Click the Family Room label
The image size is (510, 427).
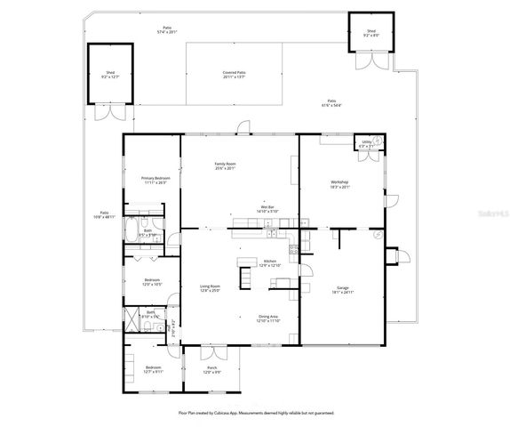tap(224, 165)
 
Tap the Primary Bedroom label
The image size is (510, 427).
tap(155, 181)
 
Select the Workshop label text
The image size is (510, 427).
tap(341, 184)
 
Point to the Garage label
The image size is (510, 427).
tap(343, 290)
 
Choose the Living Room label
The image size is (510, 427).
tap(210, 288)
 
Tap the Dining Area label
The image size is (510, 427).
tap(268, 318)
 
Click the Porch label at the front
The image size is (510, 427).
tap(211, 369)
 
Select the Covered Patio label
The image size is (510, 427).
tap(235, 74)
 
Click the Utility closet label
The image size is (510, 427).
tap(366, 143)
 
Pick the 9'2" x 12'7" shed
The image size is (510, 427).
tap(110, 75)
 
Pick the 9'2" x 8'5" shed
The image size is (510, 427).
tap(371, 33)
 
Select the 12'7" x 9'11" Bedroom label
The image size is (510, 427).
tap(154, 369)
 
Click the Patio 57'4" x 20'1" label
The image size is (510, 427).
tap(167, 29)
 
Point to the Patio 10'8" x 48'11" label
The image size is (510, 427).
tap(105, 215)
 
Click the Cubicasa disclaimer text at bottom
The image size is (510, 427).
tap(254, 413)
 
